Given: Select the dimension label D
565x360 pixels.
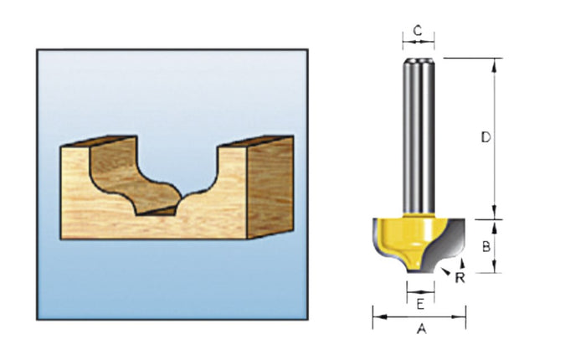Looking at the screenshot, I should (485, 137).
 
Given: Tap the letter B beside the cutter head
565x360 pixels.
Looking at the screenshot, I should (485, 246).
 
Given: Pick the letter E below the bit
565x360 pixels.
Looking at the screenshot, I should (420, 301).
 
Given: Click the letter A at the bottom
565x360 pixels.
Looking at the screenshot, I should (422, 330).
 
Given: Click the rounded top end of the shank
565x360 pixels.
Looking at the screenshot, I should (419, 61).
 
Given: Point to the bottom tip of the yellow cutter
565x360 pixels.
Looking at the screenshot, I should (419, 272).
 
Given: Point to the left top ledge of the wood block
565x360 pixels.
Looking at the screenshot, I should (92, 142).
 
